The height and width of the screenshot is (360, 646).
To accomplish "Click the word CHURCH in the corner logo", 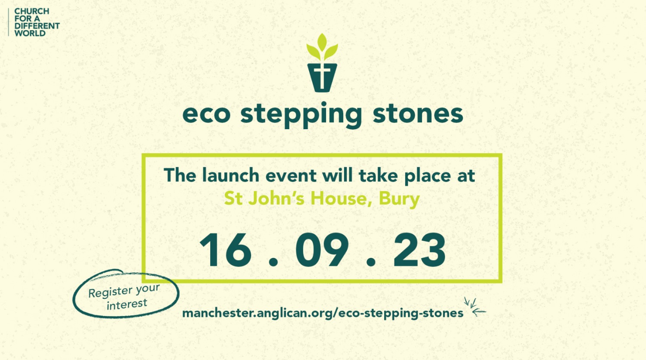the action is (x=32, y=11).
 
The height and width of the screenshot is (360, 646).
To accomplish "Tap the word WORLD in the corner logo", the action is (x=30, y=33).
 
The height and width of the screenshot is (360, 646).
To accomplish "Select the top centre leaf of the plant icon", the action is (x=322, y=42).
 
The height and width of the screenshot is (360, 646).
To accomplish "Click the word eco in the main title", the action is (x=206, y=114).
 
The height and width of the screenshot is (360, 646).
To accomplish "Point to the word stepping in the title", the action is (x=301, y=115).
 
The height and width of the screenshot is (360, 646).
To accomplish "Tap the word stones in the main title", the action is (x=418, y=114).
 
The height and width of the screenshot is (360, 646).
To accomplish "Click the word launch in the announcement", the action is (x=231, y=175).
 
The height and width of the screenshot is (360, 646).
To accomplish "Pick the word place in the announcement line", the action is (x=428, y=176).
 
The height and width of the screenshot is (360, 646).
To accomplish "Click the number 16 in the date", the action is (x=226, y=250).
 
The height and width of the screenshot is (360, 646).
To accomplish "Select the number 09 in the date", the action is (x=322, y=250).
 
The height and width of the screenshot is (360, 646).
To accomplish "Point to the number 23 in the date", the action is (x=419, y=250).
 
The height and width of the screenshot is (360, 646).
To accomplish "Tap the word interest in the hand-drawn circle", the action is (x=127, y=304).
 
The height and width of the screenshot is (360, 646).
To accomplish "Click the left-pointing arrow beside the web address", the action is (x=479, y=311).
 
